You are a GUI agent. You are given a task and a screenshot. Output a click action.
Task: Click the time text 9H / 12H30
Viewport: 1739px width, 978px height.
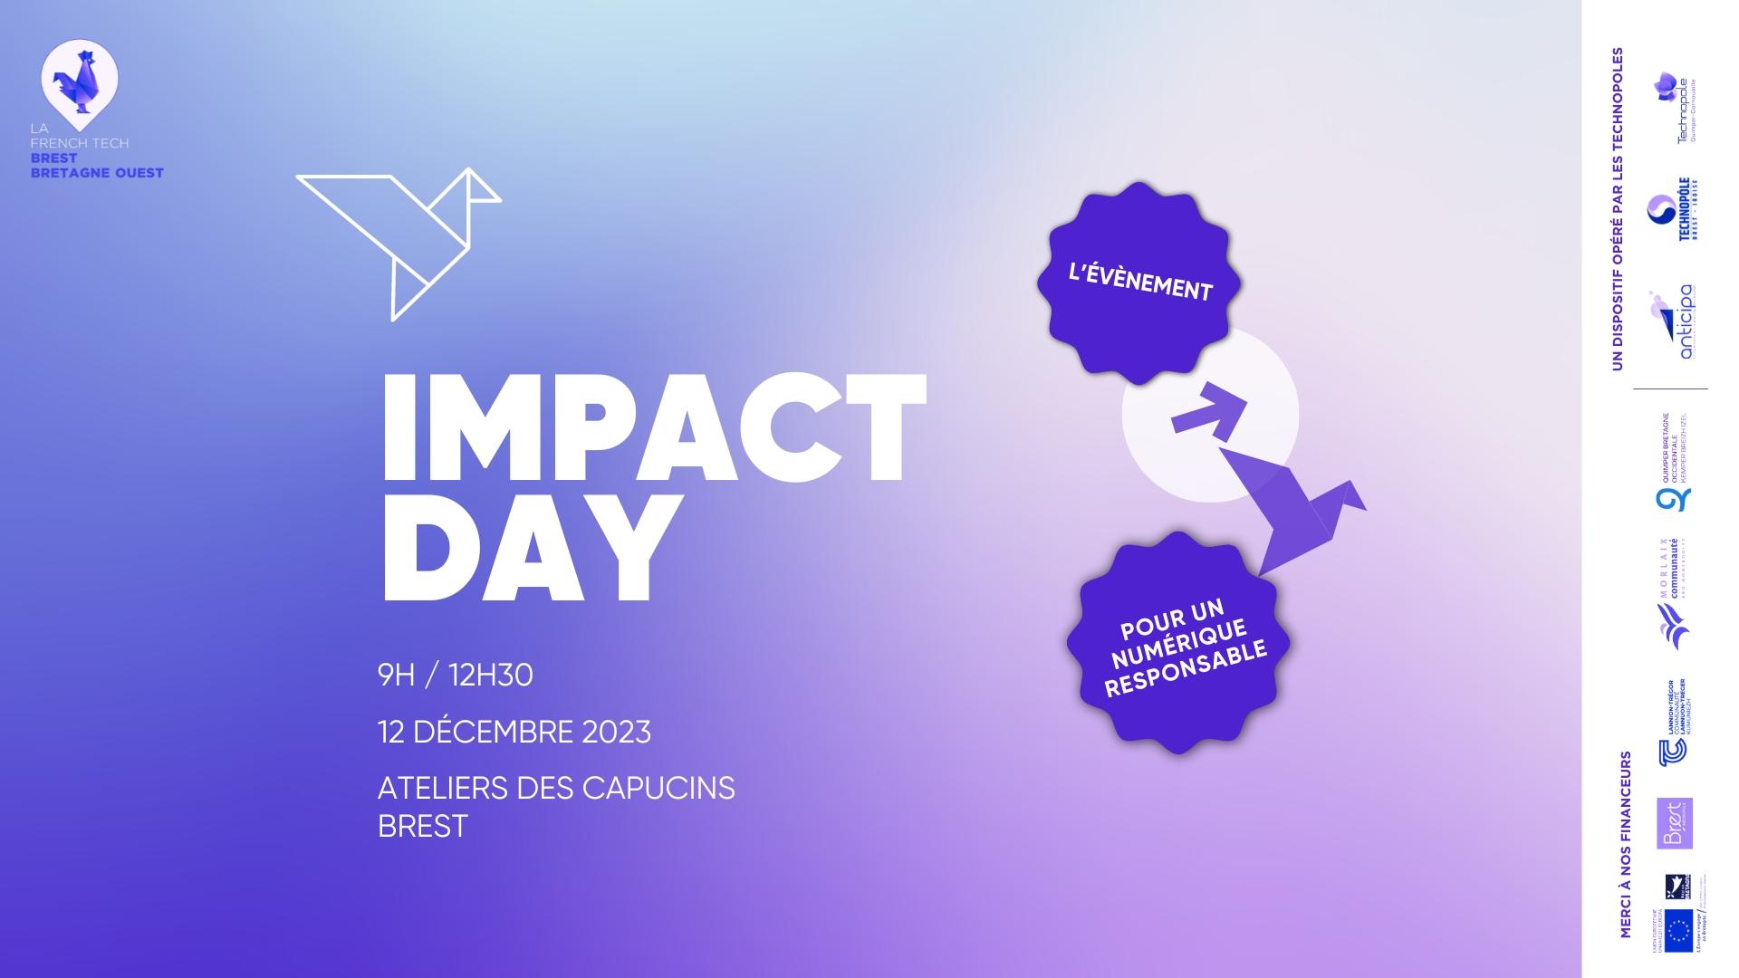coord(455,676)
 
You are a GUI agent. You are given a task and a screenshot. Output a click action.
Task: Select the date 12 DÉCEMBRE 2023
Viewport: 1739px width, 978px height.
coord(514,732)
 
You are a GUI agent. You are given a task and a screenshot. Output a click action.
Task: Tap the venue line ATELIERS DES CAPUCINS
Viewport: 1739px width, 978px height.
coord(555,788)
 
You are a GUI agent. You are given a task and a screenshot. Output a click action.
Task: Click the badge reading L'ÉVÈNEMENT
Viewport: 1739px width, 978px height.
coord(1139,280)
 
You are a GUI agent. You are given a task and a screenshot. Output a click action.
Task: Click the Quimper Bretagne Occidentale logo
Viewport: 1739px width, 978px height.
coord(1674,462)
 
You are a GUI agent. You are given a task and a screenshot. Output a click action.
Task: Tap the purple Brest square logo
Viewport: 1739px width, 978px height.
coord(1674,823)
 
